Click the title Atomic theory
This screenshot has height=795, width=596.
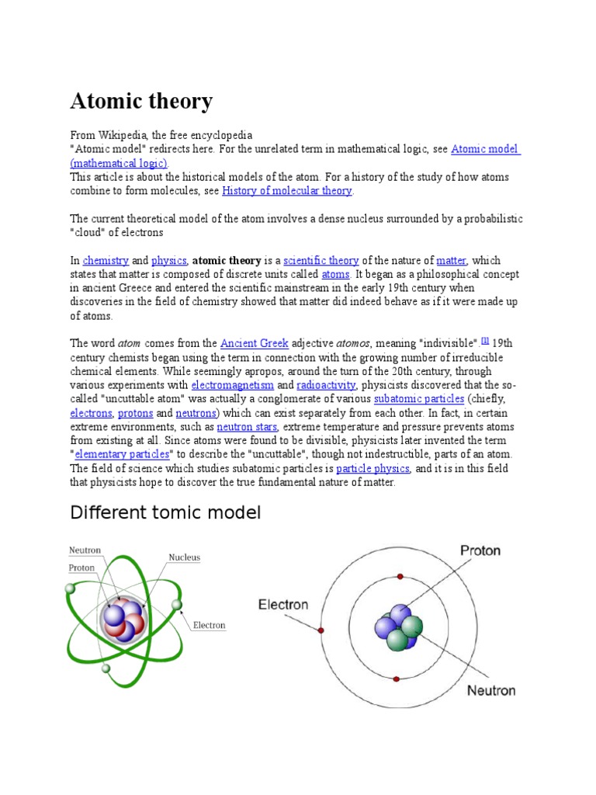141,102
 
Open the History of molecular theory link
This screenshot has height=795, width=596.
287,191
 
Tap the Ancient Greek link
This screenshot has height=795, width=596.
255,343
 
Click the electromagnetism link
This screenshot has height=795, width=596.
233,385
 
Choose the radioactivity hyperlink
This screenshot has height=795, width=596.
326,385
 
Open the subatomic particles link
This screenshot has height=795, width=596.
419,399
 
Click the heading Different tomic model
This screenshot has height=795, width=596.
165,513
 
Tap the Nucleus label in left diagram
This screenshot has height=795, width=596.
185,557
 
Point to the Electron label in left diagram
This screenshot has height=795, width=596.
209,625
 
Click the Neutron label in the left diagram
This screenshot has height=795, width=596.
85,550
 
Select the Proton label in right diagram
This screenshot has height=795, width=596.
480,551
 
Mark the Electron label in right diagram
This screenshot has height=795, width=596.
283,605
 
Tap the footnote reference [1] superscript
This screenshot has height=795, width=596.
485,340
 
